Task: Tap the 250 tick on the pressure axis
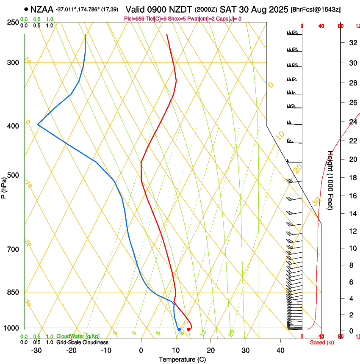(x=13, y=22)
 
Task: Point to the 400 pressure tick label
(x=13, y=126)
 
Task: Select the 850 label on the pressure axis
(x=13, y=292)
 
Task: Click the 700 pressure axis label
(x=13, y=249)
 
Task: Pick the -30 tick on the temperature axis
(x=36, y=350)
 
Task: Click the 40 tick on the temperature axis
(x=280, y=350)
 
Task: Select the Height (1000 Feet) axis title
(x=331, y=180)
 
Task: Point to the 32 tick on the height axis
(x=352, y=43)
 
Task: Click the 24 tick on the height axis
(x=352, y=122)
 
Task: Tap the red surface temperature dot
(x=188, y=329)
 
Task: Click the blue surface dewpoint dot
(x=179, y=329)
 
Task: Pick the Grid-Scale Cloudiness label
(x=82, y=342)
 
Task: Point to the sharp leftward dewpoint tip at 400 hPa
(x=38, y=125)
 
